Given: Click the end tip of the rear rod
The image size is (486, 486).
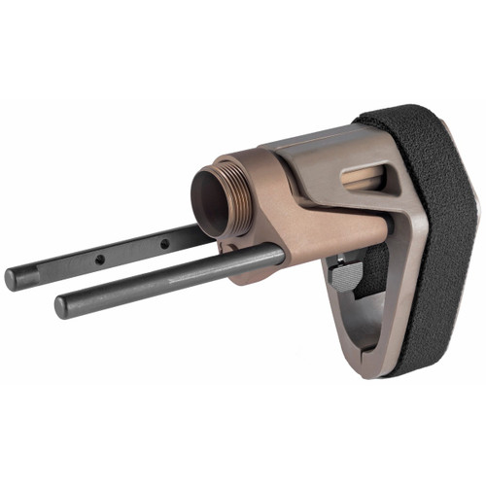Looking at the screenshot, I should [12, 278].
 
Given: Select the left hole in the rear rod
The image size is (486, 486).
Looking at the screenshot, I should [99, 260].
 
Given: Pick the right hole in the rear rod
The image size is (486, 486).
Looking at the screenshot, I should [164, 243].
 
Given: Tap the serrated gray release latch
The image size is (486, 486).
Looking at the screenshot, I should [347, 275].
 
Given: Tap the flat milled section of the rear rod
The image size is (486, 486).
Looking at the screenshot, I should [131, 252].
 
